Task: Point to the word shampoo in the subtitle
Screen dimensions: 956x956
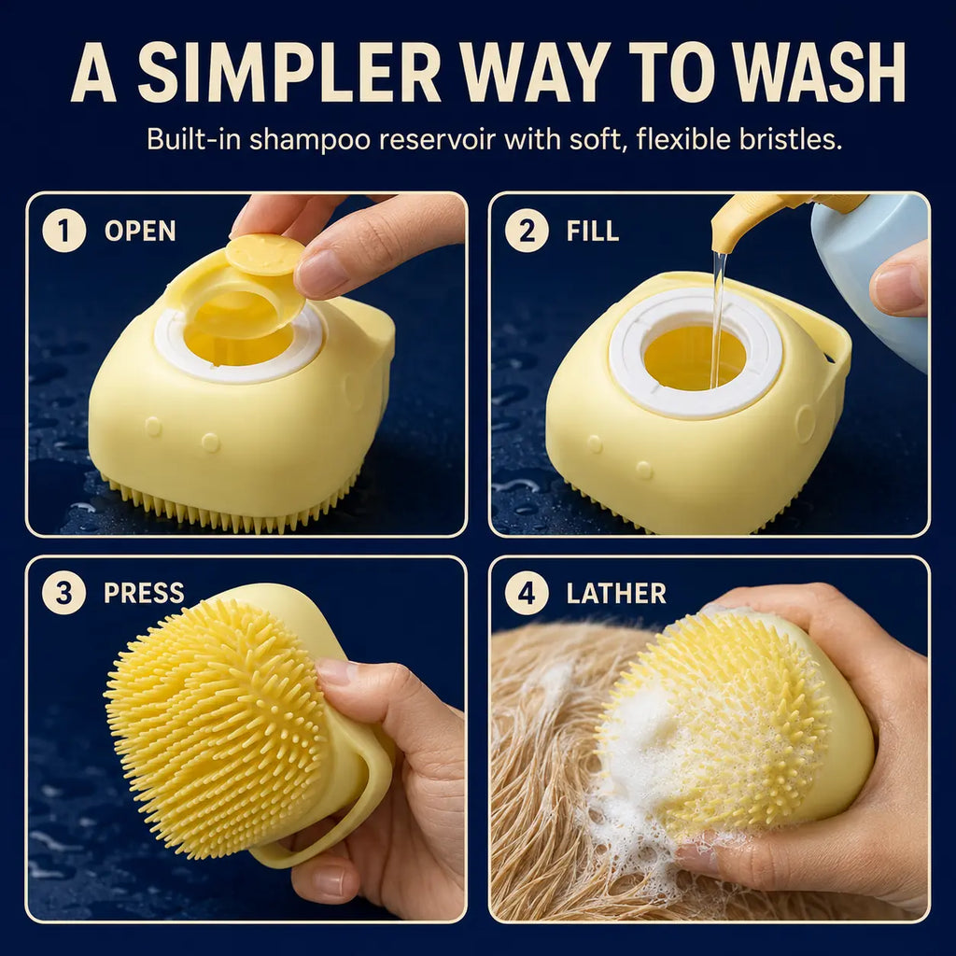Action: click(310, 141)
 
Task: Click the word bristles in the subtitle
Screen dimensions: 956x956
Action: click(791, 139)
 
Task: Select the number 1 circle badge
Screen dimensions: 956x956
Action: click(64, 231)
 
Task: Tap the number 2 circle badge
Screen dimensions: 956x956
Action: click(527, 231)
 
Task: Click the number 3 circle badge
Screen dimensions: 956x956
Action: click(64, 593)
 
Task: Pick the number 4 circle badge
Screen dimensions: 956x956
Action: click(527, 593)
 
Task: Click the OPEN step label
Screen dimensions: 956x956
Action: click(140, 232)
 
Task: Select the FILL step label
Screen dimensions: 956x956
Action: click(593, 232)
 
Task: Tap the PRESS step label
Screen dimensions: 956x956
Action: click(144, 593)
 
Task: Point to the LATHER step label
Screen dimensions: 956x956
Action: click(616, 593)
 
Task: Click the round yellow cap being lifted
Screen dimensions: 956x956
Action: click(265, 255)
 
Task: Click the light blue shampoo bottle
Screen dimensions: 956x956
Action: click(872, 274)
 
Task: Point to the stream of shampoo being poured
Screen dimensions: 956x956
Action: click(718, 320)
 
